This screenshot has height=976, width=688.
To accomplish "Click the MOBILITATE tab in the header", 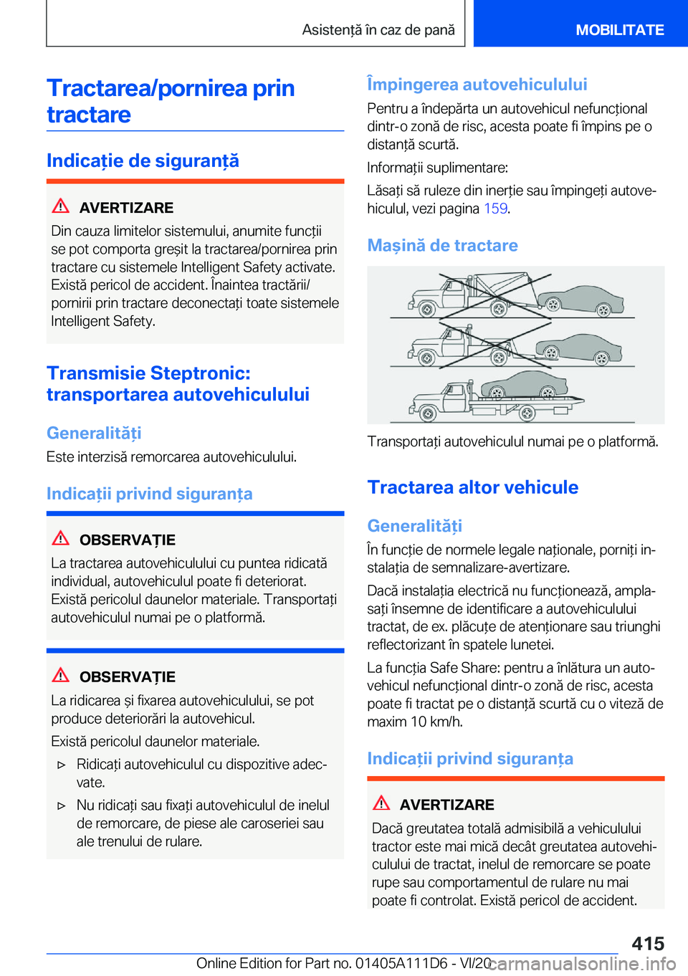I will click(x=619, y=30).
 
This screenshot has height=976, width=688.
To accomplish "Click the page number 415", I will click(x=648, y=943).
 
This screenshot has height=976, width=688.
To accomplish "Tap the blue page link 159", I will click(x=495, y=209).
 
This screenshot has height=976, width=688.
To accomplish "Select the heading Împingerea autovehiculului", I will click(x=477, y=85).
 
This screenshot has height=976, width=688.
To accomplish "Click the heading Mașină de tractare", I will click(x=442, y=246).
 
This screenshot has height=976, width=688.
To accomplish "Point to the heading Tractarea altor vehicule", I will click(x=472, y=487).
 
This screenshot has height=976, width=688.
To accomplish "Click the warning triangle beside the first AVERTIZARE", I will click(x=61, y=206).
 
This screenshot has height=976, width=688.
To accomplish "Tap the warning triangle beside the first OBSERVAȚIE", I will click(x=61, y=538).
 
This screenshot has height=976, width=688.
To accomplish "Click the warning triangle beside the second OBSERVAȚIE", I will click(x=61, y=675).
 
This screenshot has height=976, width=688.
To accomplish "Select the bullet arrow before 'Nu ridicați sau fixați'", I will click(x=62, y=806).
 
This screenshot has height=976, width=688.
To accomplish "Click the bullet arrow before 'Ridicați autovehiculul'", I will click(x=62, y=765).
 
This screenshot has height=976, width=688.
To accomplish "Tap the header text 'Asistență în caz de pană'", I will click(x=378, y=30).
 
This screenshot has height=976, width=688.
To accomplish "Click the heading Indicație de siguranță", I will click(x=143, y=161).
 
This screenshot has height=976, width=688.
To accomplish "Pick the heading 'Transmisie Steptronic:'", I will click(x=148, y=373).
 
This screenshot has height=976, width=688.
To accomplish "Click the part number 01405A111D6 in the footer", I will click(x=391, y=963).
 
